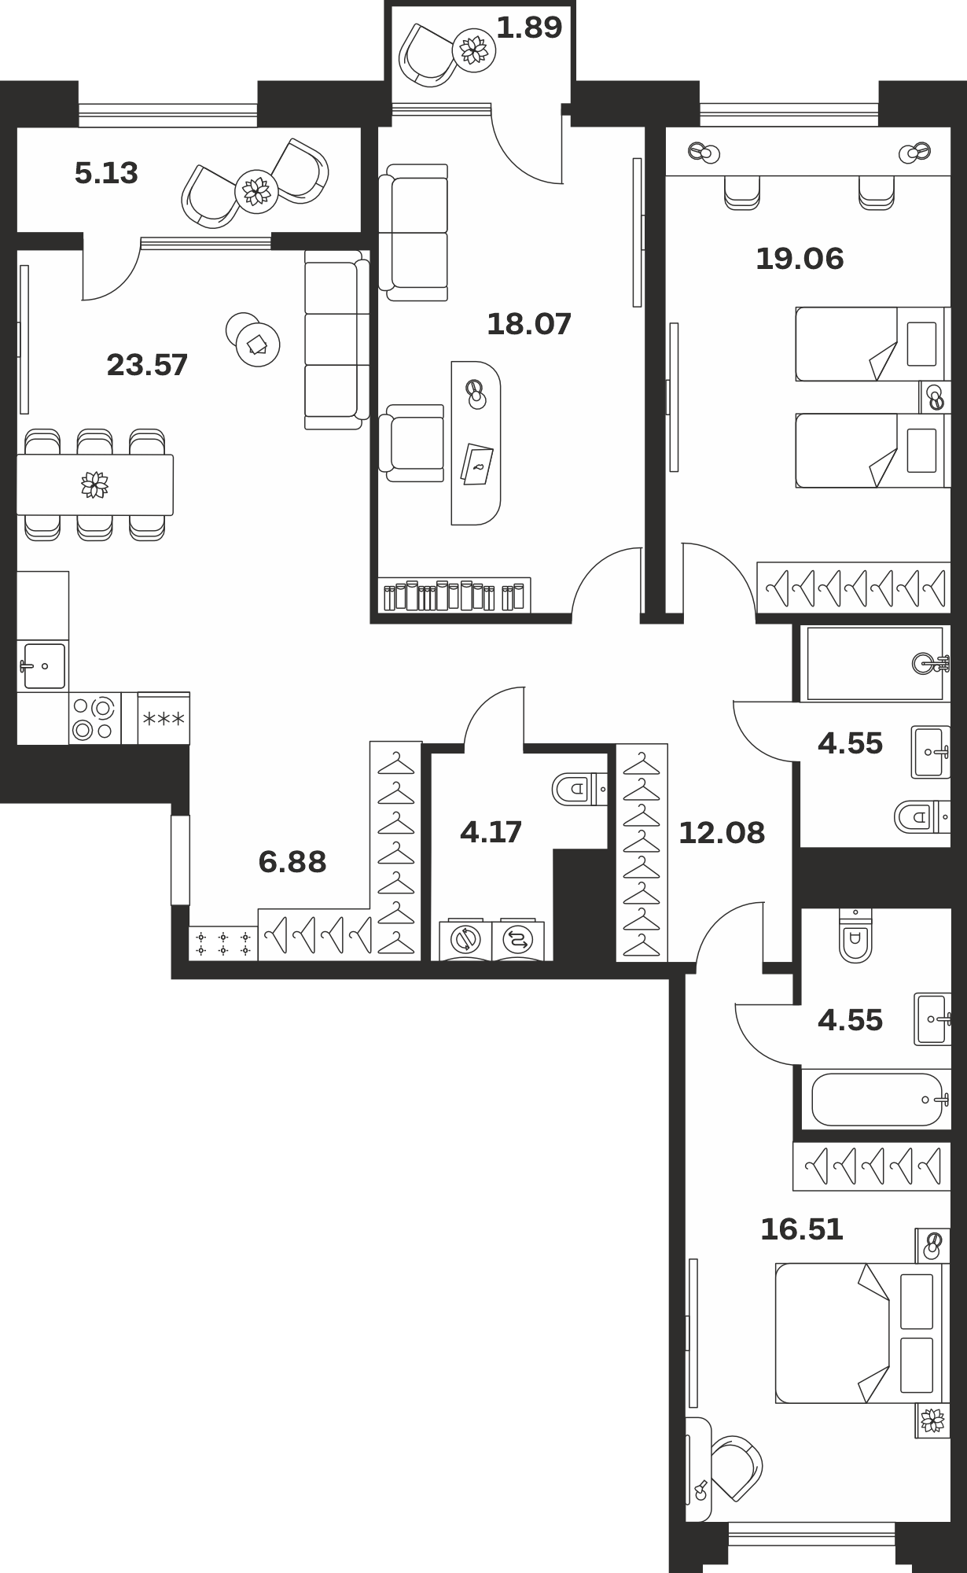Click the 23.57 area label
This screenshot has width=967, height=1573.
click(x=147, y=366)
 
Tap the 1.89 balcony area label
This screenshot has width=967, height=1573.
click(x=530, y=28)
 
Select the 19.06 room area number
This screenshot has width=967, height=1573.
click(x=800, y=259)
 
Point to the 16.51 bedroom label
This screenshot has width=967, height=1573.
click(x=802, y=1229)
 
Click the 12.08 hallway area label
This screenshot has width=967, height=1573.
click(x=722, y=833)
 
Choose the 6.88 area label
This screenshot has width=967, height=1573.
click(x=292, y=862)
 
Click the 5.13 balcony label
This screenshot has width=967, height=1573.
click(x=106, y=173)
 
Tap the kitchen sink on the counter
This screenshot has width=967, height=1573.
click(x=43, y=666)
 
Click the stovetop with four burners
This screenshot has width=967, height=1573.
click(x=94, y=719)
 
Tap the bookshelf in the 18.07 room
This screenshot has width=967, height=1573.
click(x=454, y=595)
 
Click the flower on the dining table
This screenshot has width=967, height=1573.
click(x=95, y=484)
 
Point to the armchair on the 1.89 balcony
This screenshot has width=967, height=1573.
click(x=428, y=54)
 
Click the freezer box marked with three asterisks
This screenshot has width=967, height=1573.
click(x=164, y=718)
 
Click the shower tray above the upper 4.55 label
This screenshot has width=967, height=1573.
click(x=874, y=664)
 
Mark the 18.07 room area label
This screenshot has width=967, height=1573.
click(x=529, y=324)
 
